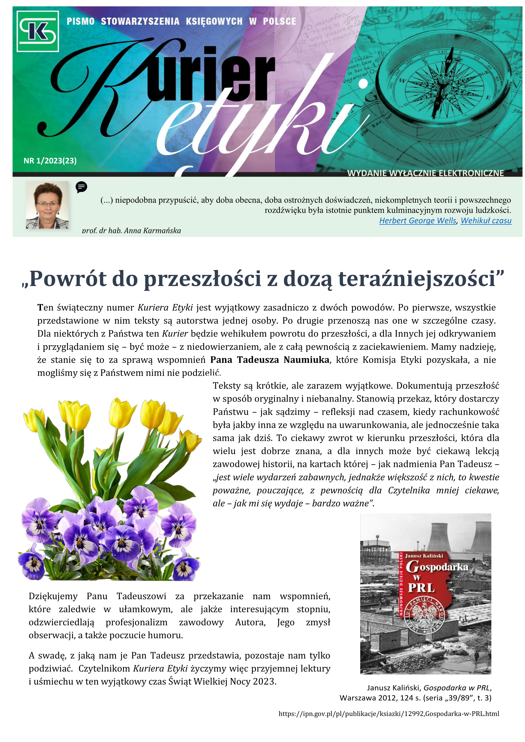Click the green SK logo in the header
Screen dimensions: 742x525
(37, 31)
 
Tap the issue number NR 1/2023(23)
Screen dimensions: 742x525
(50, 161)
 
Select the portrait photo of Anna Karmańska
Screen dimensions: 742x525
(47, 205)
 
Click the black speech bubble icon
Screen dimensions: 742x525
(82, 187)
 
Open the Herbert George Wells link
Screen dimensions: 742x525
(418, 221)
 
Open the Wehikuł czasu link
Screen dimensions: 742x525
(486, 221)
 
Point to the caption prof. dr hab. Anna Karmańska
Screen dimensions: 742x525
(131, 231)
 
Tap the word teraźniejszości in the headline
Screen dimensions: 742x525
(417, 279)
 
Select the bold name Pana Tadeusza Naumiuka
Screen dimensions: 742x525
(269, 360)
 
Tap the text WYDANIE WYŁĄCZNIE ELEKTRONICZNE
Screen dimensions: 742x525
(425, 173)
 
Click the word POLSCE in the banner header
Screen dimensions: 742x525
(279, 22)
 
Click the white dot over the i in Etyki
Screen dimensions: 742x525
(363, 84)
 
